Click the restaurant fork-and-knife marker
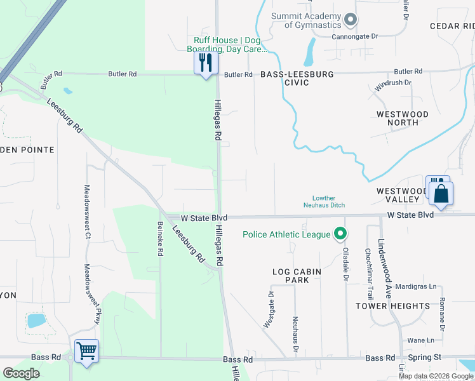coord(206,63)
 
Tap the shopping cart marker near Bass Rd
coord(86,351)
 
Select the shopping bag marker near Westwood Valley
coord(442,194)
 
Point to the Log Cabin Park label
coord(297,276)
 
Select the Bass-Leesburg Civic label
coord(297,78)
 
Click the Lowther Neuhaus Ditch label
coord(328,201)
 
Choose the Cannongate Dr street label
coord(355,36)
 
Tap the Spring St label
coord(420,359)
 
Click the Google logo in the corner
coord(21,373)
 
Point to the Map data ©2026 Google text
coord(436,376)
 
